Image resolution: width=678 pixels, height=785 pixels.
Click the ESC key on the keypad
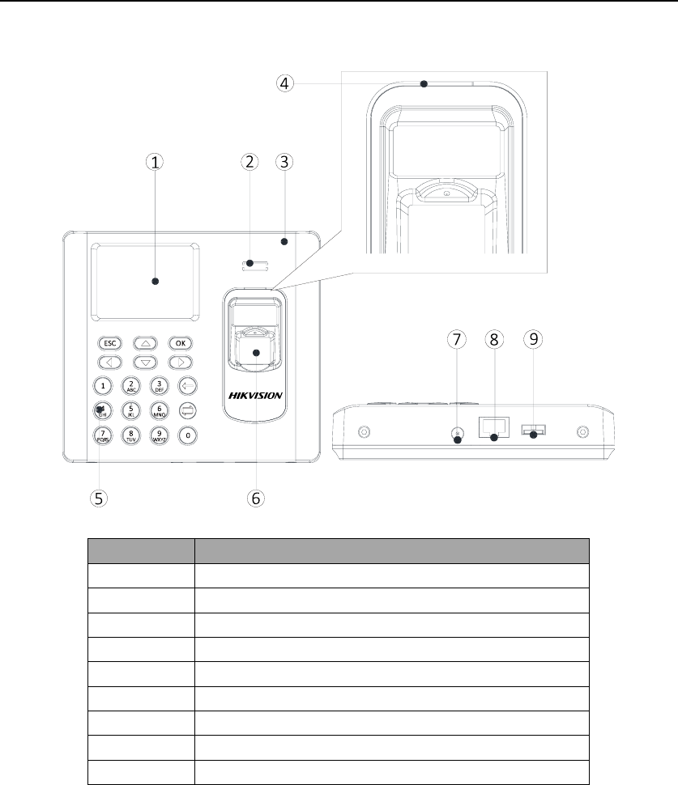pyautogui.click(x=108, y=342)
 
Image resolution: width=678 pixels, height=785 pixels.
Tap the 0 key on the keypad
pyautogui.click(x=188, y=435)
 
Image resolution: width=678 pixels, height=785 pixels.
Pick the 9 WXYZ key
pyautogui.click(x=160, y=435)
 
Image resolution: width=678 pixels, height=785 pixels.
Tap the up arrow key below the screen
pyautogui.click(x=144, y=342)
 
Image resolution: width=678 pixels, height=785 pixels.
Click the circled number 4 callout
pyautogui.click(x=283, y=83)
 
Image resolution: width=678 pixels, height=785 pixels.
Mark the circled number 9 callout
pyautogui.click(x=532, y=339)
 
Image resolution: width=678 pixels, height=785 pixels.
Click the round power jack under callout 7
pyautogui.click(x=457, y=435)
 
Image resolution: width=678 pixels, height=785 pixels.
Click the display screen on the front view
pyautogui.click(x=144, y=280)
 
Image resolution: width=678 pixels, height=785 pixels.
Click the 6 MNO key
pyautogui.click(x=160, y=411)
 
